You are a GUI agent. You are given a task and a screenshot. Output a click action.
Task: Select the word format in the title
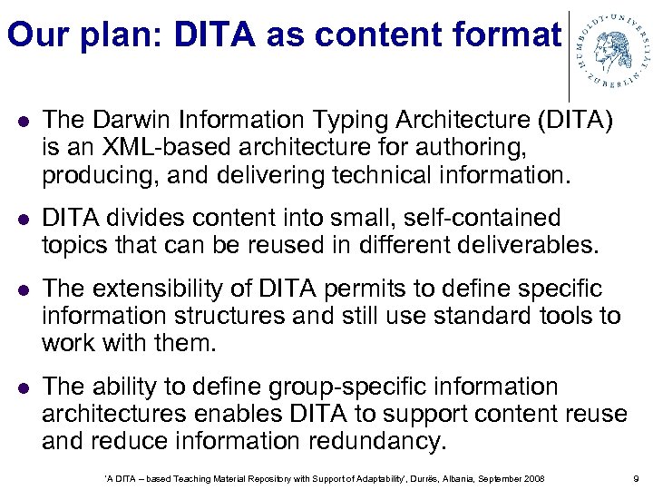point(495,35)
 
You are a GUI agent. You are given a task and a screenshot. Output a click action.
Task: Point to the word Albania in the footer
point(431,478)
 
